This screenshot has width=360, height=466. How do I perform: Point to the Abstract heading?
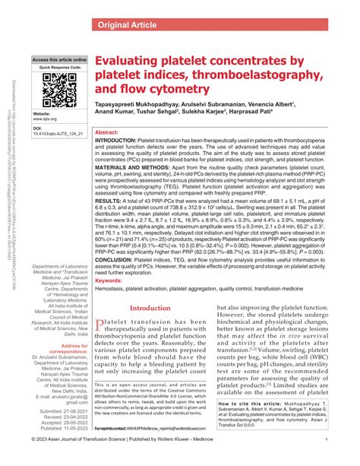(x=106, y=132)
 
